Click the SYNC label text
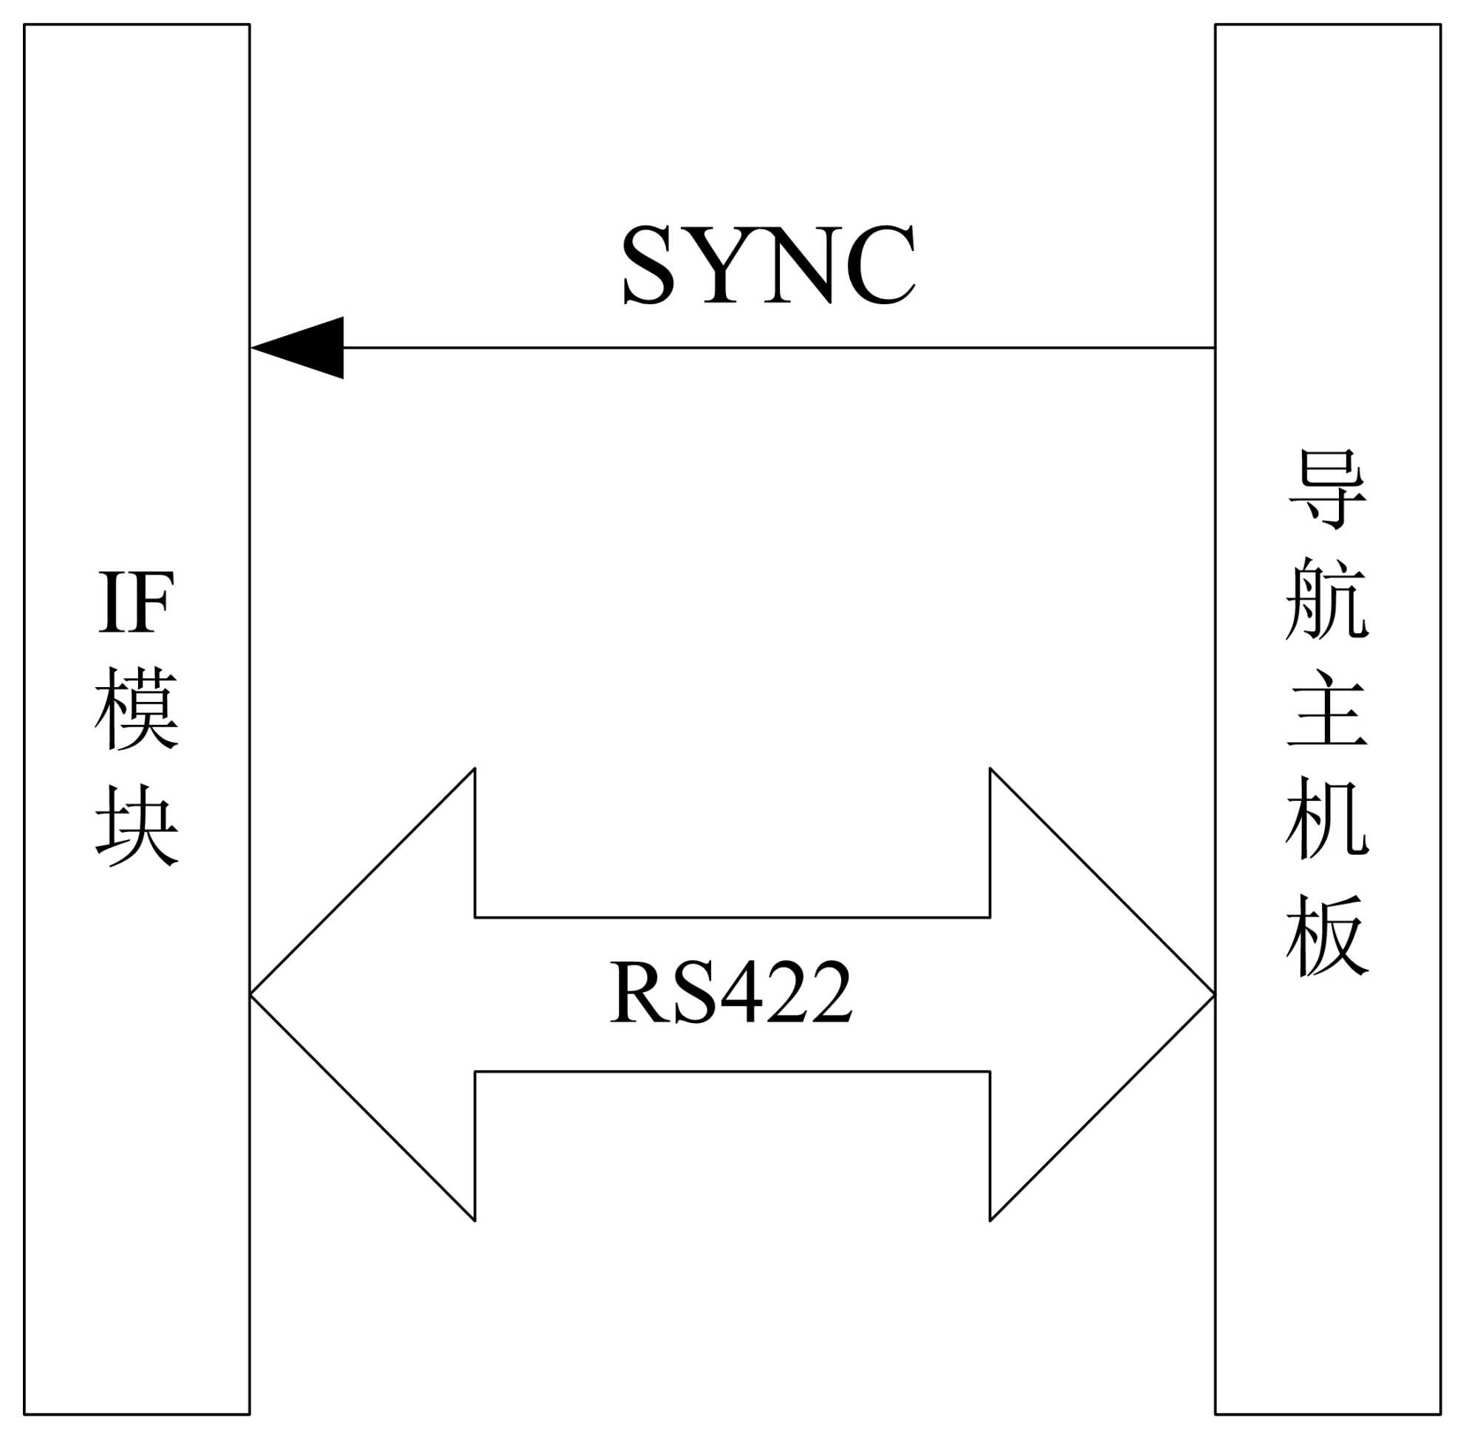tap(768, 264)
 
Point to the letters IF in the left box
tap(137, 603)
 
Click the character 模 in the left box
tap(137, 708)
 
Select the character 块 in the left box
tap(137, 825)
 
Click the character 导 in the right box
tap(1328, 489)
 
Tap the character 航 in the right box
tap(1328, 599)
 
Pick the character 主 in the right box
tap(1328, 709)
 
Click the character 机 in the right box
tap(1328, 818)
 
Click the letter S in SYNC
tap(648, 264)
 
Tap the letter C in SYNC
tap(880, 264)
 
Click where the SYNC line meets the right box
tap(1215, 348)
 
